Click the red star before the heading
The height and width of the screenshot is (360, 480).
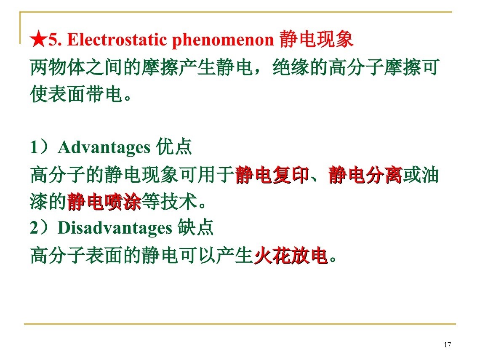[39, 40]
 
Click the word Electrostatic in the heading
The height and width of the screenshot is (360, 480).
[117, 40]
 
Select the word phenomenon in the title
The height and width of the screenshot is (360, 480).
[223, 40]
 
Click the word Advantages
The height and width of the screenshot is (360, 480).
[104, 147]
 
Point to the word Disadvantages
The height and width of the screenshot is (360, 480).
[115, 228]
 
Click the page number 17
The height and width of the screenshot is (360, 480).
[447, 345]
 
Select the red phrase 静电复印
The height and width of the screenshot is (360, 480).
[272, 175]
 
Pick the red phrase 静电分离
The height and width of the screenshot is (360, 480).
[365, 175]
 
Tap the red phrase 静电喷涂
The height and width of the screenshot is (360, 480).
[104, 202]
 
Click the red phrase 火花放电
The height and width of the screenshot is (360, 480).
[291, 256]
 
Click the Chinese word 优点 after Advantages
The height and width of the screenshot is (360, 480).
[174, 147]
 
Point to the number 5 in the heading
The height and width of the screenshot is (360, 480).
[52, 40]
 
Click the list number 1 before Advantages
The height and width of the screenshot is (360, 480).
[34, 147]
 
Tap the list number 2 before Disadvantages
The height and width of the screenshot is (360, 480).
[34, 228]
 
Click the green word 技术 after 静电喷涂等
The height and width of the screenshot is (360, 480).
[179, 202]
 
